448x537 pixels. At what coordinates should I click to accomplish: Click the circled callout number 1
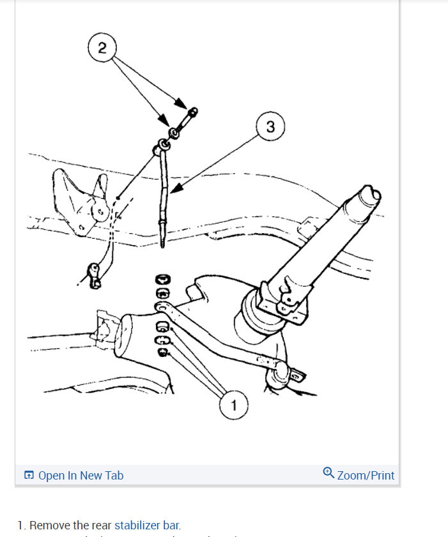pos(233,405)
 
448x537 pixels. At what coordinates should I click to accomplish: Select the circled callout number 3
pos(270,126)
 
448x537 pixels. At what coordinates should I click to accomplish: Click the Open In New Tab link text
pos(81,475)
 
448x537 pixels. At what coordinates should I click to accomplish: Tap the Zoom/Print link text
pos(366,475)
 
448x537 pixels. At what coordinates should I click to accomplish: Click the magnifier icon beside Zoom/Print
pos(328,473)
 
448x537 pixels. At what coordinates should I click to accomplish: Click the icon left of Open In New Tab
pos(29,475)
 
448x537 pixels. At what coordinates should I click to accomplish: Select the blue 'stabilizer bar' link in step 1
pos(147,526)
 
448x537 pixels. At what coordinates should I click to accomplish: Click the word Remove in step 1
pos(50,526)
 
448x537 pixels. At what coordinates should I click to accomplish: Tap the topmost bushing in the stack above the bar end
pos(162,279)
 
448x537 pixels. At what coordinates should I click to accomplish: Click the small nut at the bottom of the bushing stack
pos(163,351)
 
